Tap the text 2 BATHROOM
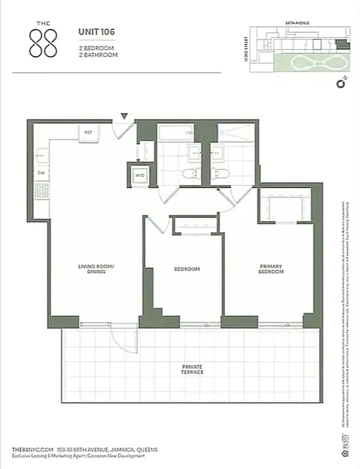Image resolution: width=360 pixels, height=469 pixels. click(x=99, y=55)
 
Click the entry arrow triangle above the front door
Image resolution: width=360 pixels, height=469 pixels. click(x=124, y=117)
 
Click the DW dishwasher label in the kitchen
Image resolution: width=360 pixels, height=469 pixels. click(x=41, y=173)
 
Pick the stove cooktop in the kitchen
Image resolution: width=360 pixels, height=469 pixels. click(x=41, y=190)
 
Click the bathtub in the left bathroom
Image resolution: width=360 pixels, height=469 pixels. click(x=176, y=133)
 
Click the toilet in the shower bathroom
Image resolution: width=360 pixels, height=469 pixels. click(x=221, y=174)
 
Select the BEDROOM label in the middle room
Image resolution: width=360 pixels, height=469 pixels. click(x=187, y=269)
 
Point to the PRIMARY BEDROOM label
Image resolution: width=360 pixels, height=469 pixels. click(x=271, y=269)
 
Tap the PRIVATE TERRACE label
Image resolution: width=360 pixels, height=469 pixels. click(x=192, y=369)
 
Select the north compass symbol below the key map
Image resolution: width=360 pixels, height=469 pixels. click(x=339, y=84)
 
